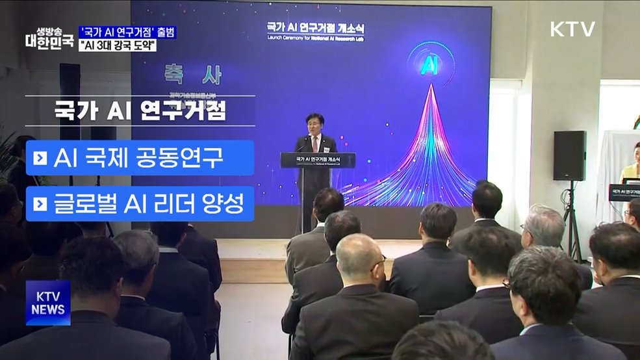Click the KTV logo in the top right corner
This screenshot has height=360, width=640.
coord(572,29)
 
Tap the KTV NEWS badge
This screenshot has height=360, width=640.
coord(48,303)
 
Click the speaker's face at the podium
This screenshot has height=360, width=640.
coord(315,125)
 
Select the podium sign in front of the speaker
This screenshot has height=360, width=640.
coord(318,160)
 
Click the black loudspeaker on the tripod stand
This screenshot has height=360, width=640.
coord(569,156)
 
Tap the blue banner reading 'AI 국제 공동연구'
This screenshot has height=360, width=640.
coord(140,158)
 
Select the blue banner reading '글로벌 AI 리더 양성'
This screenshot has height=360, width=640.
coord(140,204)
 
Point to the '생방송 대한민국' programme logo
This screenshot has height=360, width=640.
coord(48,38)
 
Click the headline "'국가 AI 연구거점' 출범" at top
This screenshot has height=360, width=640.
coord(127,32)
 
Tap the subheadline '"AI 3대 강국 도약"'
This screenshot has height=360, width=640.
coord(118,46)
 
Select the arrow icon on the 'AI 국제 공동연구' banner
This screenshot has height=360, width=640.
coord(40,158)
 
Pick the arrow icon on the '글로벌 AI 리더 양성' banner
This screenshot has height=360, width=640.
coord(40,204)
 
